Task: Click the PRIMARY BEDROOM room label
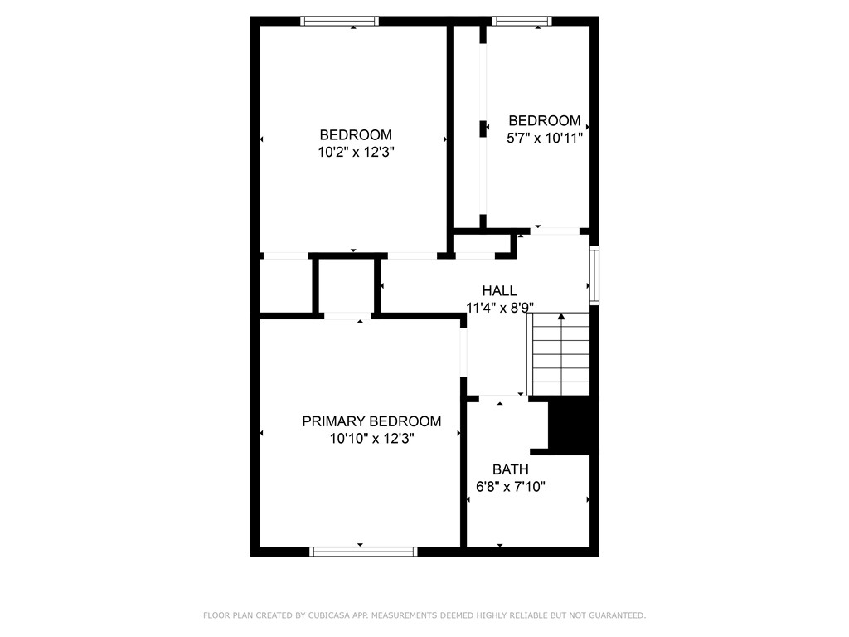[371, 421]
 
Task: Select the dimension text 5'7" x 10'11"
[545, 138]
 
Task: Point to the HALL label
[499, 291]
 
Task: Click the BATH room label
[510, 470]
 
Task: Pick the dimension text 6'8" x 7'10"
[510, 487]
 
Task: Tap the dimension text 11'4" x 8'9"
[499, 308]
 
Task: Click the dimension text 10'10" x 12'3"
[371, 438]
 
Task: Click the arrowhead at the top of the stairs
[561, 317]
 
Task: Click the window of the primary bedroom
[363, 551]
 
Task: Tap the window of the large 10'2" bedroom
[339, 21]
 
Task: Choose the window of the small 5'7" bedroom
[522, 21]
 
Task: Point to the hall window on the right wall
[594, 273]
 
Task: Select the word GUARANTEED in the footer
[616, 615]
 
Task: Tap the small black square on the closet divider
[483, 129]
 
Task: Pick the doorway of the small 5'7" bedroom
[554, 231]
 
